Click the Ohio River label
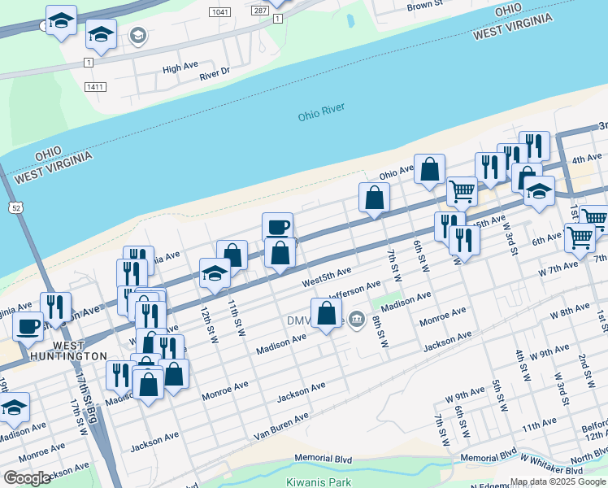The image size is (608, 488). [x=321, y=111]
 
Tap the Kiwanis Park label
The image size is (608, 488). [x=319, y=482]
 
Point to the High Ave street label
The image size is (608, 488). [x=180, y=68]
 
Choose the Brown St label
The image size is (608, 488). [x=424, y=6]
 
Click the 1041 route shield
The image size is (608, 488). [x=219, y=12]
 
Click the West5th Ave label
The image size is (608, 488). [x=326, y=277]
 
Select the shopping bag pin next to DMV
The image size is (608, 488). [x=326, y=313]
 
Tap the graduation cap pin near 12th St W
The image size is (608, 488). [x=215, y=273]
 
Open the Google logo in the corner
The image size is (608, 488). [x=27, y=478]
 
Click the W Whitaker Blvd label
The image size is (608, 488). [x=552, y=470]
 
